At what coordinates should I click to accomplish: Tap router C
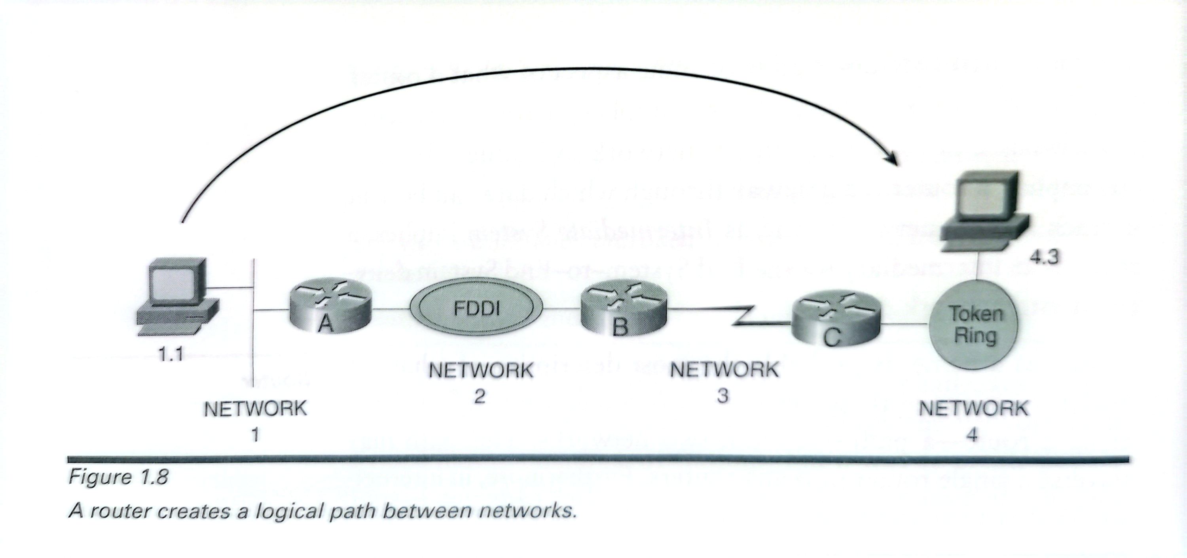click(x=835, y=320)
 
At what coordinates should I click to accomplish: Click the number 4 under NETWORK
click(x=972, y=434)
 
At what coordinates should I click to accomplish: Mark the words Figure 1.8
click(x=118, y=477)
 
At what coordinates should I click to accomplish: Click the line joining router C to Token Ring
click(x=903, y=326)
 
